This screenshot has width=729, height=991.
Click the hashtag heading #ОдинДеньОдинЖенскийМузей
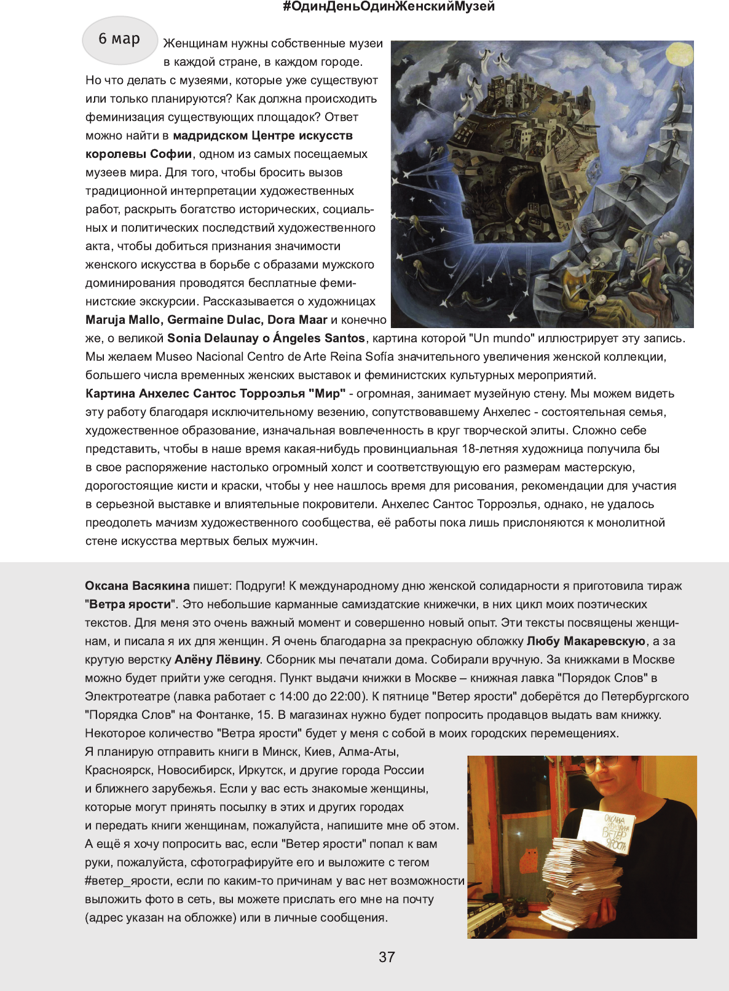388,7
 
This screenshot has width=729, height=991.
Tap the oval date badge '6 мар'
120,39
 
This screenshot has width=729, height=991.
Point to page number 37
387,957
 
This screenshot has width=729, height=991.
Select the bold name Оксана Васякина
137,586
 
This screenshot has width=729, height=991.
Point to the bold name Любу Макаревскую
586,641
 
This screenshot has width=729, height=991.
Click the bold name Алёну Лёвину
218,659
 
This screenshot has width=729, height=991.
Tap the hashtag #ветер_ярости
128,880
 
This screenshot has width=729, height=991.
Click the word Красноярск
117,770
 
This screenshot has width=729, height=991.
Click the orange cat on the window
530,859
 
